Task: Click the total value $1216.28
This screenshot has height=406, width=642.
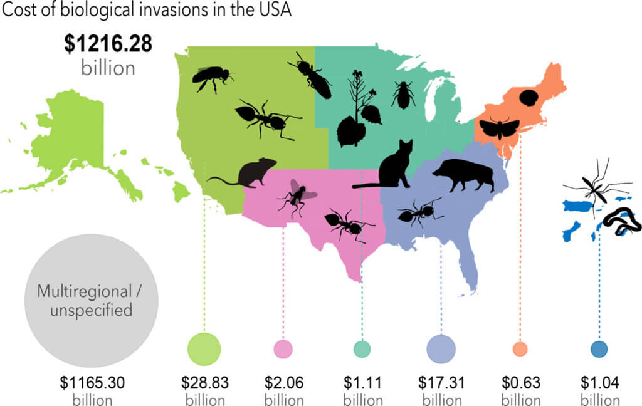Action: tap(108, 45)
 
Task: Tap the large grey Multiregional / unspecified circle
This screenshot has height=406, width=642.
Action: tap(85, 299)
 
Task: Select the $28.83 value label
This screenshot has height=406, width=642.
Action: tap(204, 382)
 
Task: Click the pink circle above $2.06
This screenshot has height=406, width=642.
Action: tap(283, 349)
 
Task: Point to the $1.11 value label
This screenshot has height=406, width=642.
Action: tap(362, 382)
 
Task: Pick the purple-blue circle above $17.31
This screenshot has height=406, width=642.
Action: tap(441, 349)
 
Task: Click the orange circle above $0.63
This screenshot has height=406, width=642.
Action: tap(520, 349)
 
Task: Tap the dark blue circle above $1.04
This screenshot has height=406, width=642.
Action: tap(599, 349)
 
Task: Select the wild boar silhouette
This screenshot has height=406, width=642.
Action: tap(466, 175)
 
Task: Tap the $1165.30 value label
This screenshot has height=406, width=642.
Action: tap(84, 382)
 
